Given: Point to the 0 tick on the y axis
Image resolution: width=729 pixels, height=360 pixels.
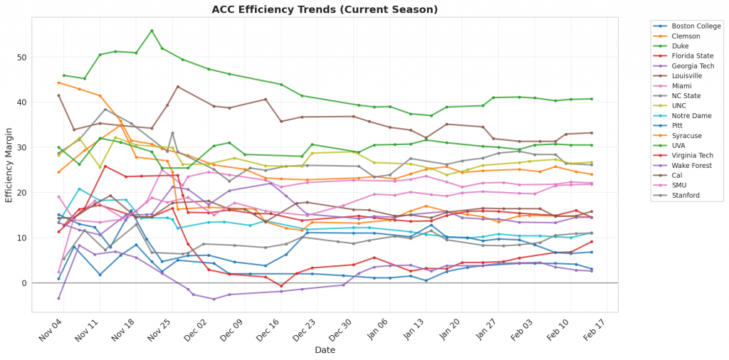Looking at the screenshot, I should (x=25, y=283).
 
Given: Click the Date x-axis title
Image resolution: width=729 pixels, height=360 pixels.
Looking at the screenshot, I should (x=326, y=349).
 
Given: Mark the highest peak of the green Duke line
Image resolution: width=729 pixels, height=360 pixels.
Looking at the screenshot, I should (x=152, y=31).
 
